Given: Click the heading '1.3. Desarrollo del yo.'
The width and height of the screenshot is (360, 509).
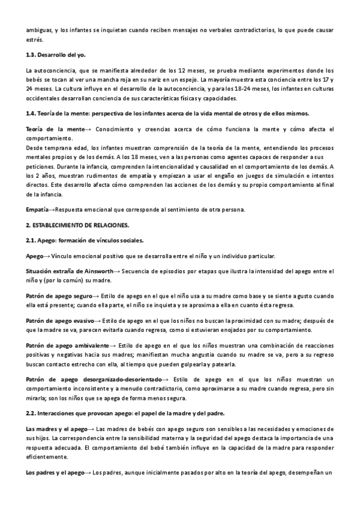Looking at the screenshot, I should point(52,55).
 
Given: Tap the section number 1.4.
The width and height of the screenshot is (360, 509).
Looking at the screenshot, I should point(32,114).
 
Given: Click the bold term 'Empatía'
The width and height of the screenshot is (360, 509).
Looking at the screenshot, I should point(38,209).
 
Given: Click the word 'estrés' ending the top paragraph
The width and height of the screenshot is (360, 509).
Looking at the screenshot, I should point(35,40).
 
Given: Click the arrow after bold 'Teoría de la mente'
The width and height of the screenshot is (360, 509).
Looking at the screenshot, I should point(89,129).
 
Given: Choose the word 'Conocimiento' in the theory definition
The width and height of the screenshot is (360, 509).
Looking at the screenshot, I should point(115,129).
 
